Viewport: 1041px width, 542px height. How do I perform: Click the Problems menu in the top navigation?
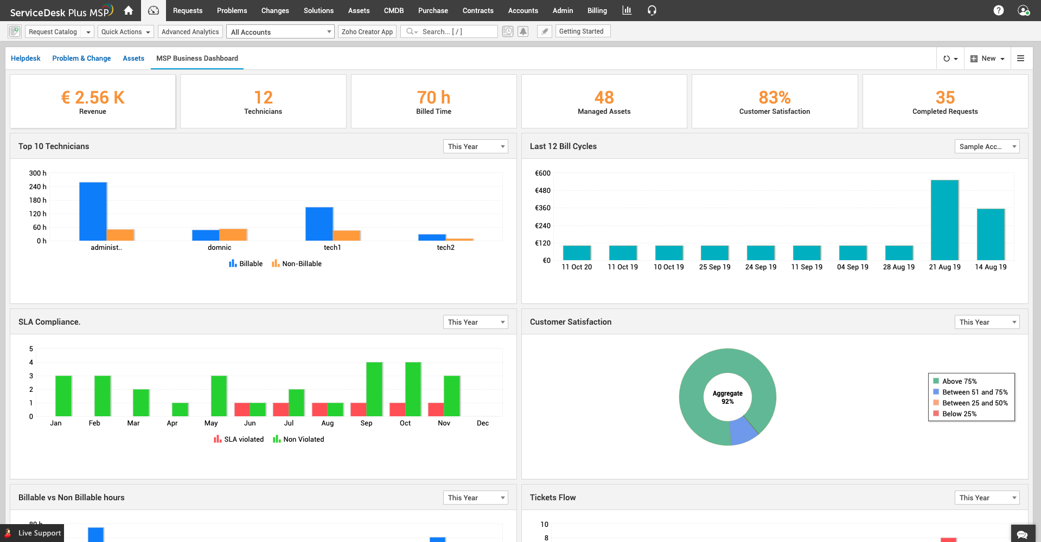(x=232, y=10)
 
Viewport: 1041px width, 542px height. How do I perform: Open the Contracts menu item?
(x=477, y=10)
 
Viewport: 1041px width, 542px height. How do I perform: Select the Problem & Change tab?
(x=81, y=59)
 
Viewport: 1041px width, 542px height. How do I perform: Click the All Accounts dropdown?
(x=280, y=32)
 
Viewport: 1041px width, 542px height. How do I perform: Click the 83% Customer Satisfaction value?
(x=774, y=98)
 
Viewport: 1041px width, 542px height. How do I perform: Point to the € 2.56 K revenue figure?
(x=93, y=98)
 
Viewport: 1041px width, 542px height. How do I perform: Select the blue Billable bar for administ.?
(x=93, y=211)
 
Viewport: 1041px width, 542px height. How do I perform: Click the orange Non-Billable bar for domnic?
(x=233, y=235)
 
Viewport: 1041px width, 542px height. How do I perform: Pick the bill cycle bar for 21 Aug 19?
(x=944, y=220)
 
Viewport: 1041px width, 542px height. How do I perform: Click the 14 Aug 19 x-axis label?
(x=991, y=267)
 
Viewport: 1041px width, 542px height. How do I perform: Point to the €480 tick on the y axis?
(x=542, y=191)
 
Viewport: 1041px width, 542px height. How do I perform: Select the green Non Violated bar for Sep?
(x=374, y=389)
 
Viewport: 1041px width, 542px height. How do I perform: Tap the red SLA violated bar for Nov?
(x=436, y=410)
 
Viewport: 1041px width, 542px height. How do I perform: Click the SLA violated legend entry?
(x=239, y=440)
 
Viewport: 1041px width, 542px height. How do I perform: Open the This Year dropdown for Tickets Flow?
(x=986, y=498)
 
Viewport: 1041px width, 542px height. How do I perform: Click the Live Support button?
(x=33, y=533)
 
